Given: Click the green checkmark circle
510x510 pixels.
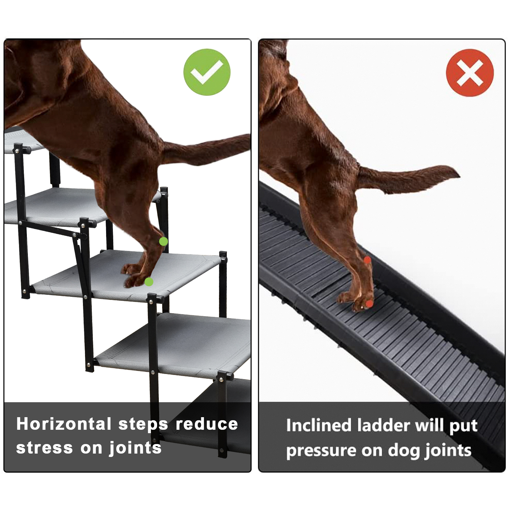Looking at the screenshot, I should pos(207,72).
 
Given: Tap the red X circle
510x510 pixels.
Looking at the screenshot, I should pos(470,73).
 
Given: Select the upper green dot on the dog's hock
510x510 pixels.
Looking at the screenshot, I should pos(164,241).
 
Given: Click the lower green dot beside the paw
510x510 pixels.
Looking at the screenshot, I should pos(149,282).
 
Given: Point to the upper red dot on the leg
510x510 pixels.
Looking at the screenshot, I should pos(367,260).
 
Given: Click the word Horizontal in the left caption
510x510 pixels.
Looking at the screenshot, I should pos(64,424).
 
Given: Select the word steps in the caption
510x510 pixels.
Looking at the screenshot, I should pos(143,425).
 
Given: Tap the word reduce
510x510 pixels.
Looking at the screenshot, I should pos(207,424).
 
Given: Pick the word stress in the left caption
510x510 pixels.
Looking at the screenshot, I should pos(45,448).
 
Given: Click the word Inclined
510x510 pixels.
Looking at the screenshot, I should pos(319,425).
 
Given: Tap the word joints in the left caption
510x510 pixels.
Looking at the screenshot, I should pos(135,448).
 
